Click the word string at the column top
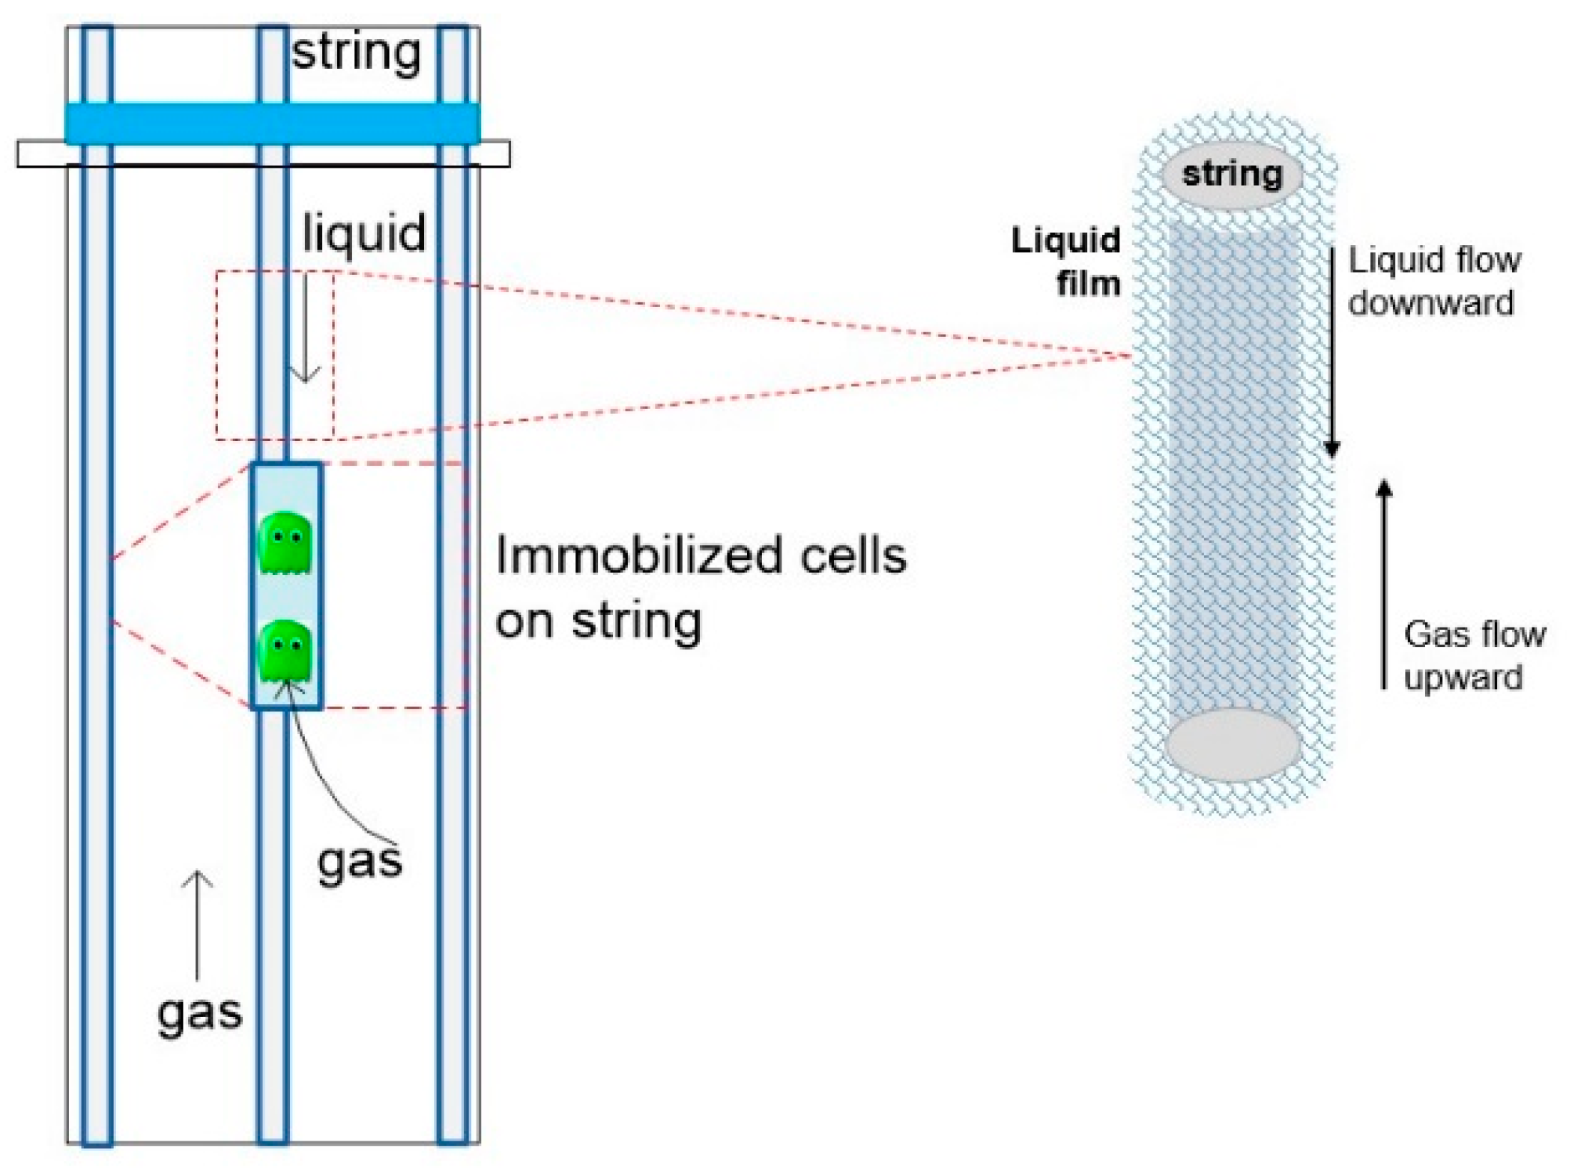click(356, 52)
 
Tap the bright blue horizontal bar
click(271, 123)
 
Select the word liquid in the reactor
click(364, 233)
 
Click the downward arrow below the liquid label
click(304, 337)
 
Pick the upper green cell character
click(285, 543)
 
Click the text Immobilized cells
click(701, 556)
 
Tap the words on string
click(598, 622)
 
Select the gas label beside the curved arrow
click(360, 861)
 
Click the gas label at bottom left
click(199, 1012)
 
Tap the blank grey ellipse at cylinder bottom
click(1233, 745)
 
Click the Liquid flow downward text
click(1433, 282)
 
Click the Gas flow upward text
click(1472, 655)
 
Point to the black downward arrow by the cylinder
click(1331, 352)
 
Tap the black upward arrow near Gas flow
click(1384, 584)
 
